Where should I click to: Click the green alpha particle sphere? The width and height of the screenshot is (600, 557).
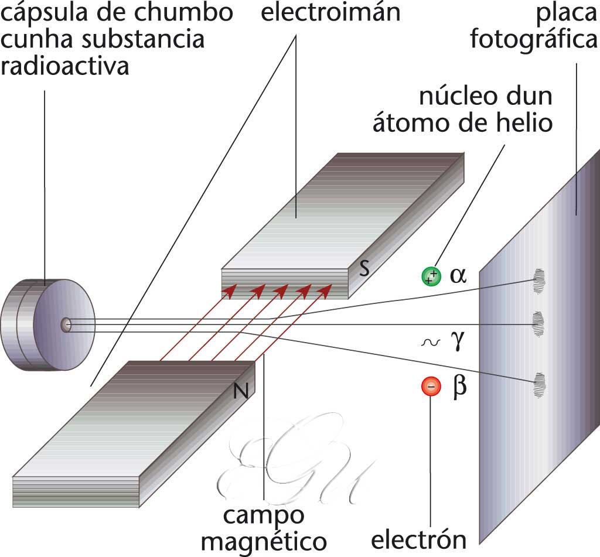431,276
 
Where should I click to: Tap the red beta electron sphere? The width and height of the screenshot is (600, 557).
431,387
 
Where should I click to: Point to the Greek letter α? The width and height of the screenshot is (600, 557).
458,275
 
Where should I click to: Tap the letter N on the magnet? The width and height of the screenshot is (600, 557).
240,391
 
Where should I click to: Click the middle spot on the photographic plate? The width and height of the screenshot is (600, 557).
538,321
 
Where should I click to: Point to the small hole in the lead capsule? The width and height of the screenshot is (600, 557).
66,324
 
